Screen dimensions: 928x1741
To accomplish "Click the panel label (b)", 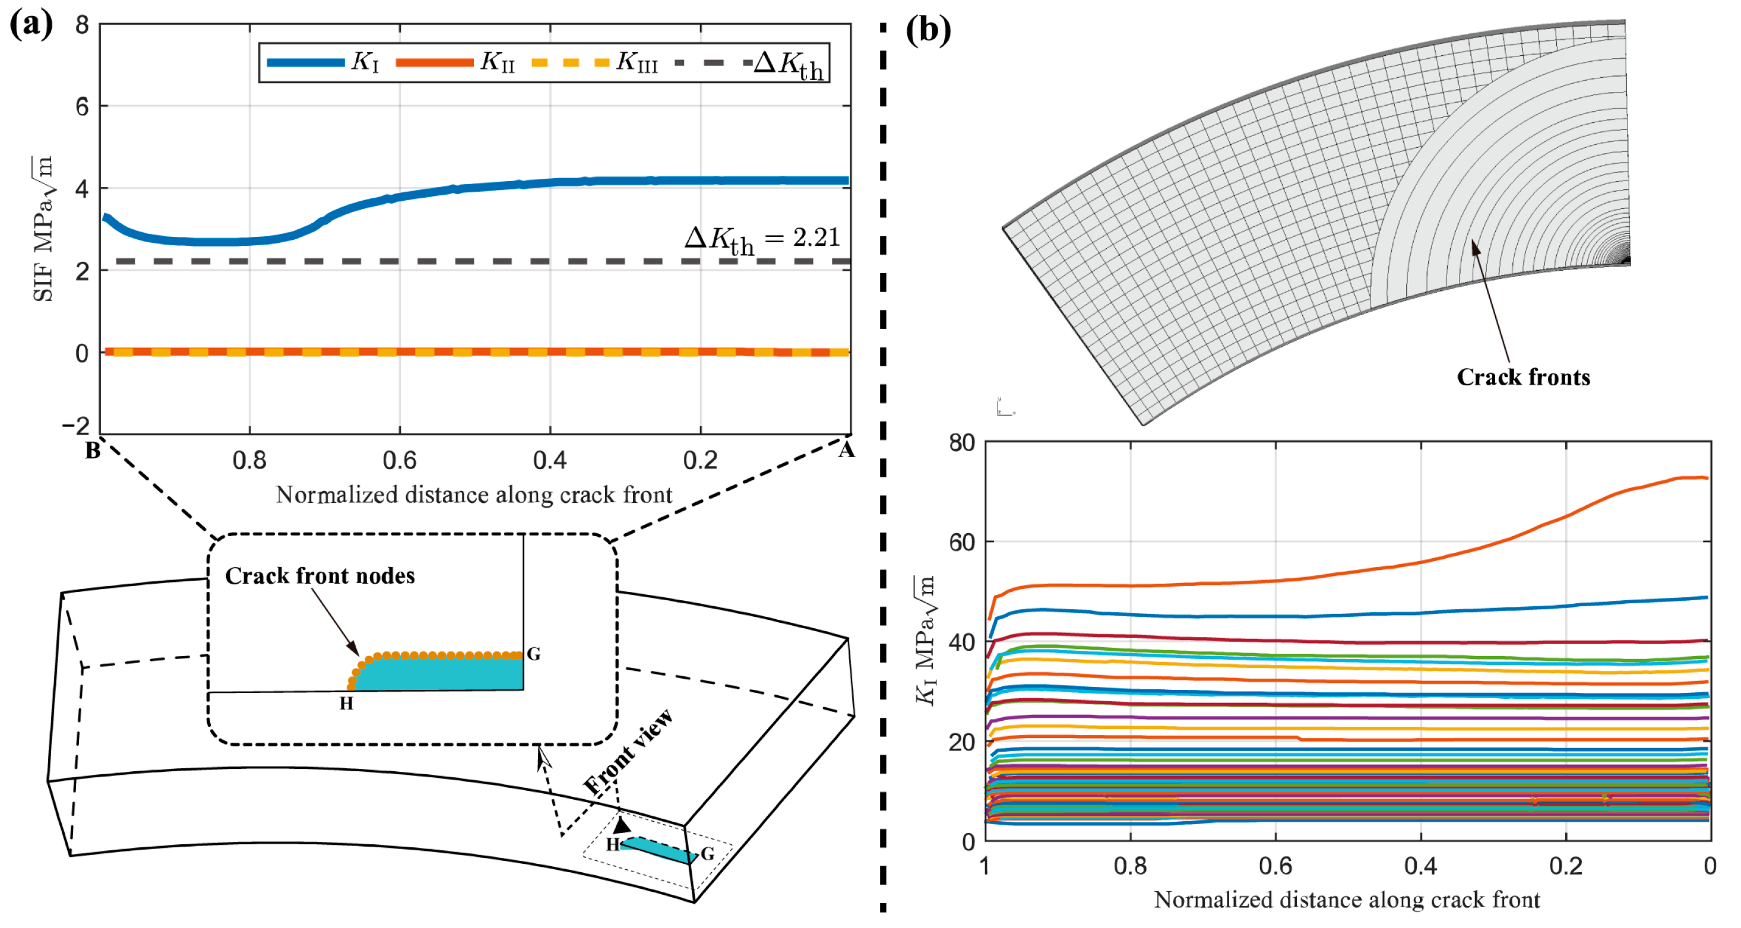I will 928,30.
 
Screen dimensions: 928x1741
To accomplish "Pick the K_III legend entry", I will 595,62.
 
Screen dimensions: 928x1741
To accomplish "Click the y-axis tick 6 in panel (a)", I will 82,106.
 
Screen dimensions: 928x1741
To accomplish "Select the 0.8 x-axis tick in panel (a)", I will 249,460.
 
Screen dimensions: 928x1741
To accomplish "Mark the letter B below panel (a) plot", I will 93,450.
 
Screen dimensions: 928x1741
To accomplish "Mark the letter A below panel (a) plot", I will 846,450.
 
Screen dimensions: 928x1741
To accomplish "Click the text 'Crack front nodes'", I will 319,576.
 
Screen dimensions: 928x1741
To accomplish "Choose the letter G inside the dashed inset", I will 533,654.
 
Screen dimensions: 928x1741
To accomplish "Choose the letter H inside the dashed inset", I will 346,704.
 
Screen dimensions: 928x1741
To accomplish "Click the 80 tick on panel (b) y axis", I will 962,444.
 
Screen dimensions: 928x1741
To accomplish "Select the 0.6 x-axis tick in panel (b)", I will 1275,866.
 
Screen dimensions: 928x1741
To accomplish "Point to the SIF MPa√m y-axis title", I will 43,229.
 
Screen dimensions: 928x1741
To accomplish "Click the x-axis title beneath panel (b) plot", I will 1346,900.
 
